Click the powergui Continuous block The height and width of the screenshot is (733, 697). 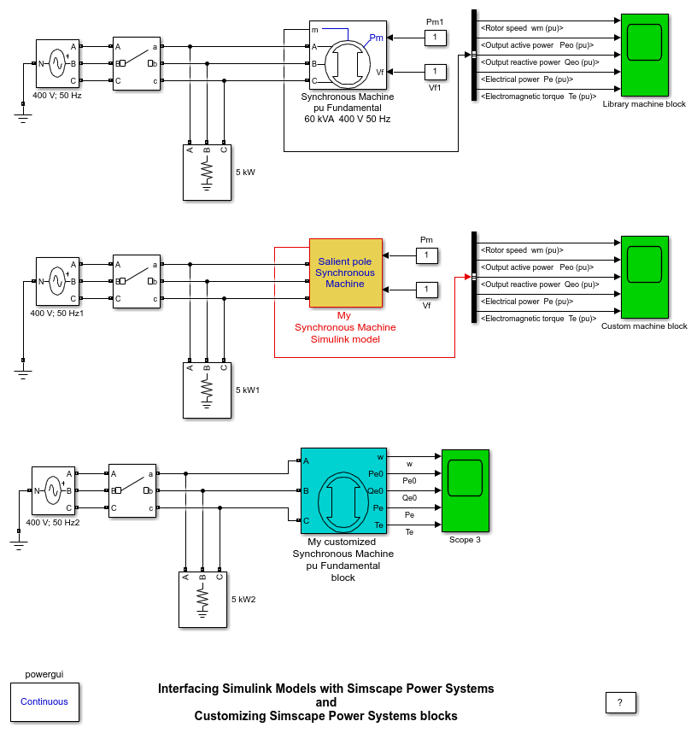click(x=44, y=702)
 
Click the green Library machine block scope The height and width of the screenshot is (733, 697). click(x=644, y=55)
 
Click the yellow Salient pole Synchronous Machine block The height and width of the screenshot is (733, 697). click(x=346, y=273)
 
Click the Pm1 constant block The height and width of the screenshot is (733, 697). click(x=435, y=37)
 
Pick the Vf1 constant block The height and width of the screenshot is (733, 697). click(x=435, y=71)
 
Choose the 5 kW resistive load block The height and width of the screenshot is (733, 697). click(x=207, y=173)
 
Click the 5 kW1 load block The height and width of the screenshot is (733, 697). click(x=207, y=390)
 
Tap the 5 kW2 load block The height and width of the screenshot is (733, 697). click(x=202, y=600)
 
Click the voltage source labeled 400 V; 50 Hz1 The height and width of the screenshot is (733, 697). click(x=57, y=280)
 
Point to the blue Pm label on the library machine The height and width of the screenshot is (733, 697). click(x=376, y=38)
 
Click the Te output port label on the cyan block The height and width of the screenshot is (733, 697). click(x=379, y=525)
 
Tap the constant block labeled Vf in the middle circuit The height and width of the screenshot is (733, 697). click(x=426, y=290)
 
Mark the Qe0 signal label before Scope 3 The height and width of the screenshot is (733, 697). click(x=409, y=497)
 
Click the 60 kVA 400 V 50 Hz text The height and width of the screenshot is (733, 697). click(x=348, y=119)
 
